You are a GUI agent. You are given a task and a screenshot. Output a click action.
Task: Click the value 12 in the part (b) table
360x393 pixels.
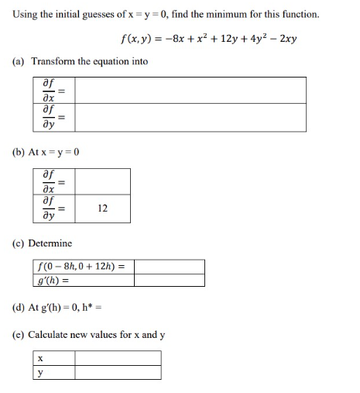(103, 208)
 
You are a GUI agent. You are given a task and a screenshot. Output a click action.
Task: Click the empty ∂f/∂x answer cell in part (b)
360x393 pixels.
(103, 181)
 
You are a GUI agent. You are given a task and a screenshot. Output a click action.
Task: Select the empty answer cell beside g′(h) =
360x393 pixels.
(169, 280)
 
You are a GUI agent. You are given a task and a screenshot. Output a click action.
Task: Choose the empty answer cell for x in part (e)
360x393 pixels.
(118, 358)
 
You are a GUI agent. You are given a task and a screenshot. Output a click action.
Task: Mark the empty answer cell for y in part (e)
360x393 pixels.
(118, 372)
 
